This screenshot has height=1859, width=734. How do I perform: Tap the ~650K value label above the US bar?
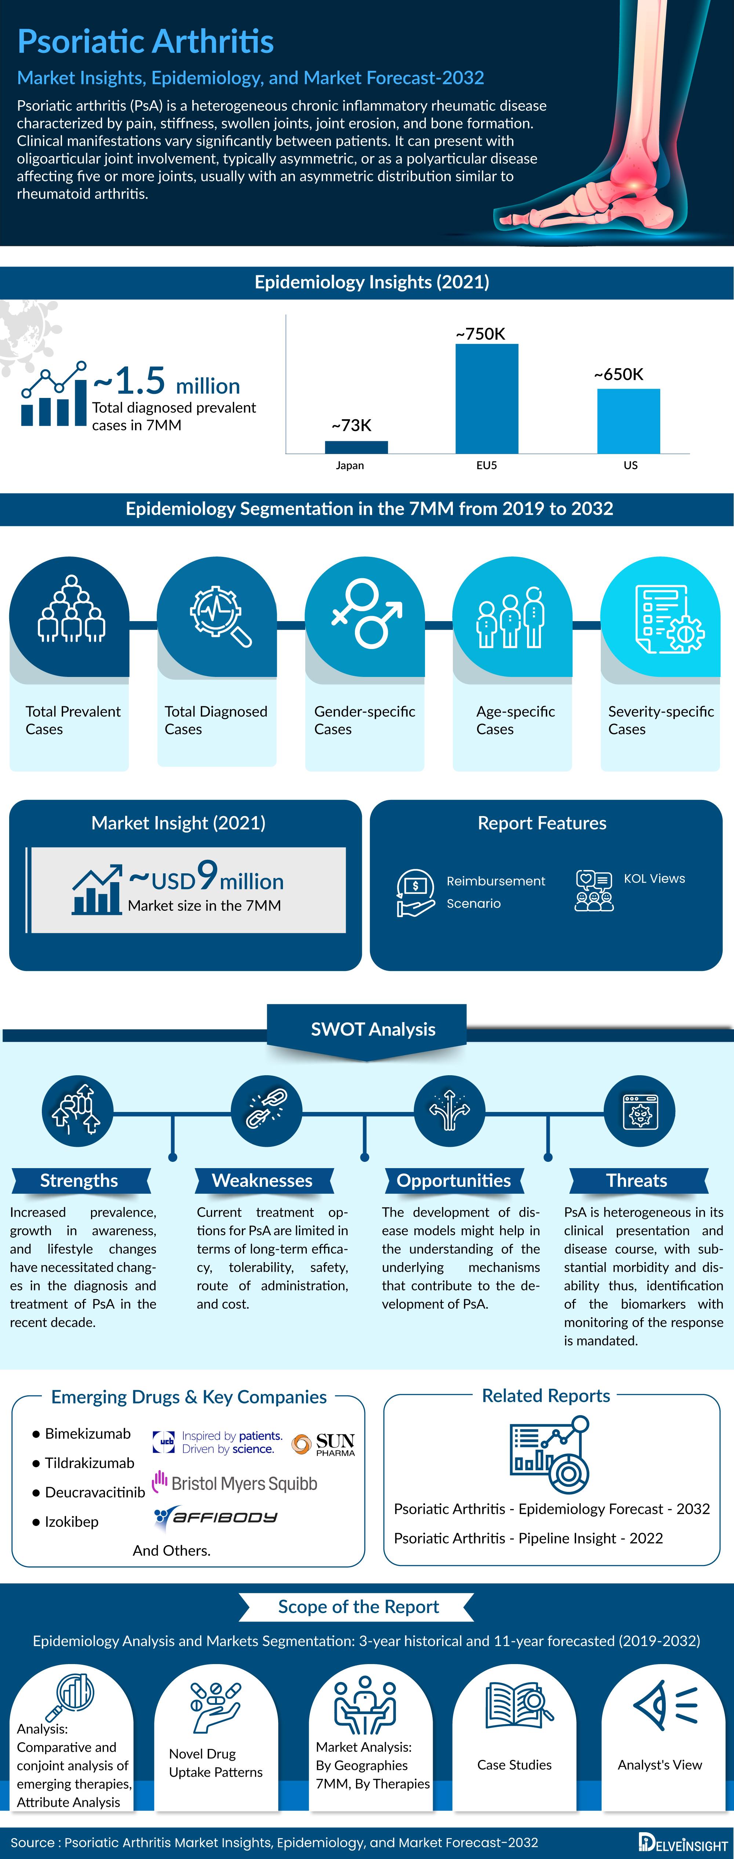coord(618,374)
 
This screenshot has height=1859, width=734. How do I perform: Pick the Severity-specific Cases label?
coord(660,720)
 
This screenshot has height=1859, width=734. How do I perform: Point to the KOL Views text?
coord(654,878)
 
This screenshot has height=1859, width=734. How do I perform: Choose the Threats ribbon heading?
coord(637,1181)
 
